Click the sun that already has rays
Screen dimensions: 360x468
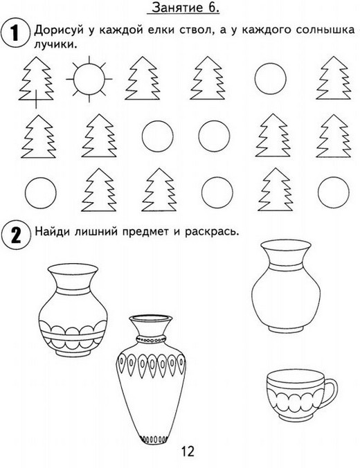(89, 80)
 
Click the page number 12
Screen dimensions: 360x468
(188, 451)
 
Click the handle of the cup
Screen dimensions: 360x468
(330, 392)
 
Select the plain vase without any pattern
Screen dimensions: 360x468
(286, 286)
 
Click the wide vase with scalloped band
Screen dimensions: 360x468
(73, 310)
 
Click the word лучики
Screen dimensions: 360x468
(54, 45)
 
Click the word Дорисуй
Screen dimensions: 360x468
(60, 30)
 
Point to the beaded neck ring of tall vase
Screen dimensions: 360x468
(151, 339)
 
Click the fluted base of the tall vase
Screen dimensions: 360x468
(153, 439)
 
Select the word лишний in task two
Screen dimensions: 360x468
(96, 231)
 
